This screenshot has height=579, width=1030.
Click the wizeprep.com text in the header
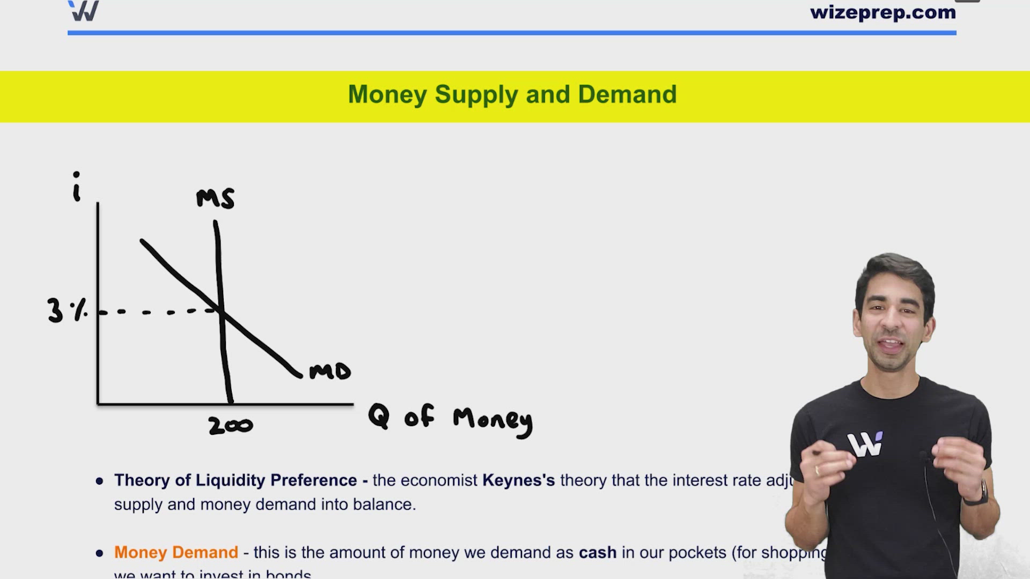[882, 12]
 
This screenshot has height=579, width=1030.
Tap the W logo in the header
[84, 11]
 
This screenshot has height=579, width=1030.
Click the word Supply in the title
[476, 95]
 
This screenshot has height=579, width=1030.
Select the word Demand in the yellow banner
[627, 94]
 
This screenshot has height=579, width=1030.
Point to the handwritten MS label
[215, 198]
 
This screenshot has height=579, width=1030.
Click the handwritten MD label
[330, 371]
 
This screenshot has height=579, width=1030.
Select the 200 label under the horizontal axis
[231, 426]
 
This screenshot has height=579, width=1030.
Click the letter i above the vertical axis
[77, 187]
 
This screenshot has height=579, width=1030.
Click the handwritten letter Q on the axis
[379, 416]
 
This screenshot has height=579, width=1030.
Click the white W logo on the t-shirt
[865, 444]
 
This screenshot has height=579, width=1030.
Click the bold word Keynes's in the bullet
[518, 480]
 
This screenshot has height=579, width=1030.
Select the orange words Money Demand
[176, 552]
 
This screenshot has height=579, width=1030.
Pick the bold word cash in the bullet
[597, 552]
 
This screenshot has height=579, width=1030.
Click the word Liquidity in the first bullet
[230, 480]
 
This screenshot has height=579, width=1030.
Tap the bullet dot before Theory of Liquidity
[99, 481]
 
